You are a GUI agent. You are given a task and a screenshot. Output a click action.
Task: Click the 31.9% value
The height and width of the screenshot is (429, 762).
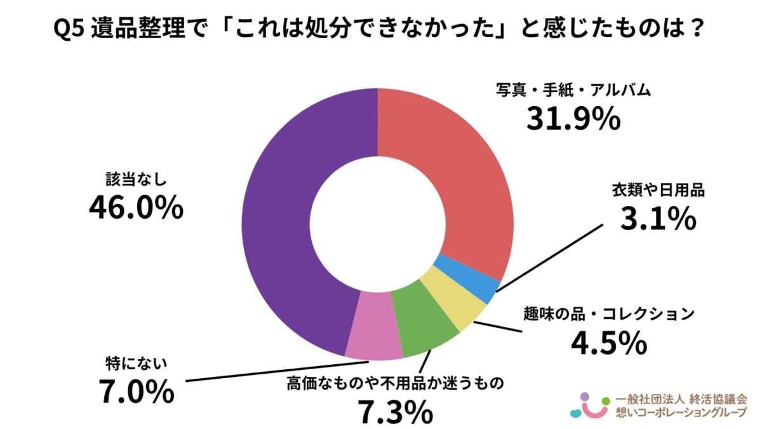pos(573,118)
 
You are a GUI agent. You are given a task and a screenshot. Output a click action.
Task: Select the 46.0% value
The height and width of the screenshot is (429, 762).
pos(136,207)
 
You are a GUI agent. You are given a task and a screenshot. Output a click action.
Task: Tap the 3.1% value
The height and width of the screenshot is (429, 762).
pos(658,219)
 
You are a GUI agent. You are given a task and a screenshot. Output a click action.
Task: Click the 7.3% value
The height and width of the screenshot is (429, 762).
pos(394,412)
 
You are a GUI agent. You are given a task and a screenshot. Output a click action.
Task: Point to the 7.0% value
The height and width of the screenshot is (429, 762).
pos(136,391)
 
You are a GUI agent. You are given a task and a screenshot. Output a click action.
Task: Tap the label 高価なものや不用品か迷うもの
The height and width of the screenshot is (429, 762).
pos(394,383)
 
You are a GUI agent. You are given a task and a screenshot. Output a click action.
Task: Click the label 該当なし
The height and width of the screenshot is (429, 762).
pos(136,179)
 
